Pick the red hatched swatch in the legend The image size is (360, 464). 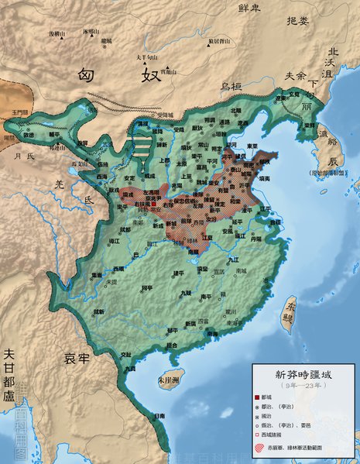coord(268,447)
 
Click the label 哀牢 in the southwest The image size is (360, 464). coord(77,358)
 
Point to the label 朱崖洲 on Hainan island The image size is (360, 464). coord(168,380)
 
